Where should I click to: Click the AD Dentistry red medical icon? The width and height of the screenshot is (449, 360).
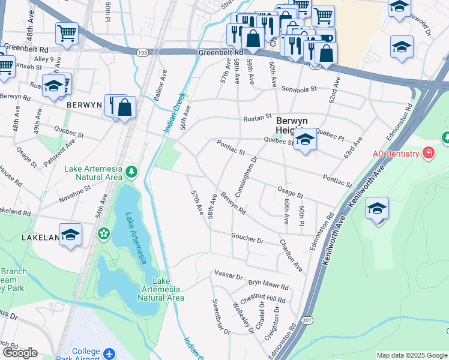[427, 153]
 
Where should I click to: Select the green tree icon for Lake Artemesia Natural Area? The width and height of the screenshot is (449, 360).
[131, 173]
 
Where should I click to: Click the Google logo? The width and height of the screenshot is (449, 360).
[20, 353]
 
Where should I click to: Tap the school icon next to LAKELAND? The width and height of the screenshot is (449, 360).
[70, 234]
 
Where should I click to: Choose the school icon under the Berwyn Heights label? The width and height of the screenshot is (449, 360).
[305, 141]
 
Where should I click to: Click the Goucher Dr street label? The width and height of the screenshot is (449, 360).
[247, 239]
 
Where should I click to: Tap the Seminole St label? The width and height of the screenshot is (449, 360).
[301, 89]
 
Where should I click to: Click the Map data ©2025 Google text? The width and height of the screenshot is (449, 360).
[412, 355]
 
